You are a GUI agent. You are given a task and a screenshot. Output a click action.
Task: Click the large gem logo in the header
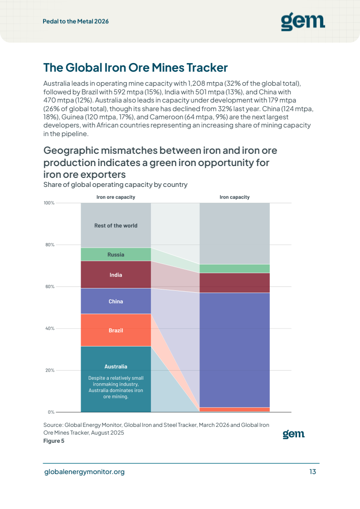pos(303,22)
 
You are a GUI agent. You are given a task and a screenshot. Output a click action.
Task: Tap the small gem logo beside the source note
pos(293,434)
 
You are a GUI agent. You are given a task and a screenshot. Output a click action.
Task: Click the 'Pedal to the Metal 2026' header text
pos(76,21)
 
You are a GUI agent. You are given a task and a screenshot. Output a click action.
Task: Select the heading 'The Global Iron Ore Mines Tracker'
pos(136,68)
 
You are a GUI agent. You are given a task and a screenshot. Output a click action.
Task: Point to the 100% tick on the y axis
pos(49,203)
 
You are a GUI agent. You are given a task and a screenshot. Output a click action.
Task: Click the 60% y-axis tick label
pos(50,287)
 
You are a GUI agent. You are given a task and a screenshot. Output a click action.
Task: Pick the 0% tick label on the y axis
pos(51,412)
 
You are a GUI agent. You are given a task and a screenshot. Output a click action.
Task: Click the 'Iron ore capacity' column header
pos(116,197)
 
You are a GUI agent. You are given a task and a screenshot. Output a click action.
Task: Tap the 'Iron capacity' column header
pos(234,197)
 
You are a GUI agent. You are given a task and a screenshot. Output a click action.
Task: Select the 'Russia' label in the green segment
pos(116,255)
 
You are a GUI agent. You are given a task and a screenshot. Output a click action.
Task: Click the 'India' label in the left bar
pos(116,275)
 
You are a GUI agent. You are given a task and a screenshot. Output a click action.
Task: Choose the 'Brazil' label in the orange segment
pos(116,330)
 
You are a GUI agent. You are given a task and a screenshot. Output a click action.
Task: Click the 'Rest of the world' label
pos(116,225)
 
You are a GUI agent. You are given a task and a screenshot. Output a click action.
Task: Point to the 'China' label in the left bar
pos(116,302)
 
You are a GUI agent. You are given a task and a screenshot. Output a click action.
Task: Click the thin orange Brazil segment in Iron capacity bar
pos(234,410)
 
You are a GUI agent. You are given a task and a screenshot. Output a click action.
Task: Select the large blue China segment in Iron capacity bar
pos(234,350)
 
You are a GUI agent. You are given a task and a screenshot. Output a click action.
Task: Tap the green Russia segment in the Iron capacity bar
pos(234,269)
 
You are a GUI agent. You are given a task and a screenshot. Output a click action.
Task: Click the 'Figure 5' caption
pos(54,441)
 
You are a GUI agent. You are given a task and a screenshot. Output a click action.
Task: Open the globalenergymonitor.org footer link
pos(84,472)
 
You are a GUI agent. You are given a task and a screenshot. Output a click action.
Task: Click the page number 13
pos(313,472)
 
